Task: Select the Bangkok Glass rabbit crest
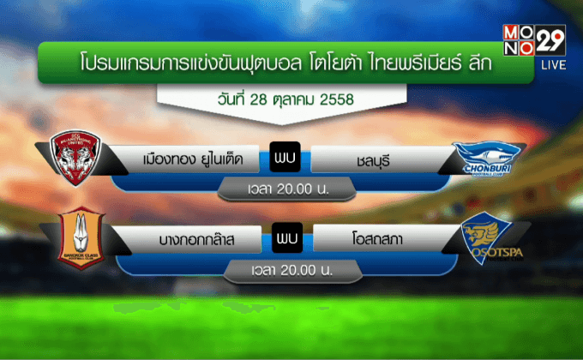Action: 78,239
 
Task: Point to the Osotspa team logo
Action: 484,241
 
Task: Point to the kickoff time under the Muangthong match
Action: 287,188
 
